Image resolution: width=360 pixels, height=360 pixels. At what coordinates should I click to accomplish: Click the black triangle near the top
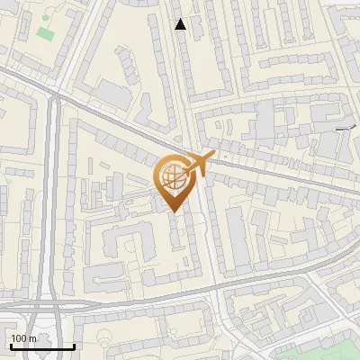[x=181, y=24]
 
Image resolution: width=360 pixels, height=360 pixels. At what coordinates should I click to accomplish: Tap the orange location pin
[x=174, y=184]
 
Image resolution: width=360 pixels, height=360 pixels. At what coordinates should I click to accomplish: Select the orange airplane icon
[x=197, y=165]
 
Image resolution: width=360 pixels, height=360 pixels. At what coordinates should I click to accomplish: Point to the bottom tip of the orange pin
[x=174, y=211]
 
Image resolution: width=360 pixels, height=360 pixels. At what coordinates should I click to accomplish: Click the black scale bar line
[x=42, y=346]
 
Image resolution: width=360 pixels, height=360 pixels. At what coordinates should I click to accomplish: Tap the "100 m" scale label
[x=22, y=338]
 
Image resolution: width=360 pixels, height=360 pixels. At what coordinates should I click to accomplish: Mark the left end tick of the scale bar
[x=11, y=345]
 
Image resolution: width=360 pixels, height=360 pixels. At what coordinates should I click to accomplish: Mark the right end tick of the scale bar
[x=74, y=345]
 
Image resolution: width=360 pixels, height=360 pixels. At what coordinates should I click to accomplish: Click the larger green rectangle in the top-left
[x=45, y=34]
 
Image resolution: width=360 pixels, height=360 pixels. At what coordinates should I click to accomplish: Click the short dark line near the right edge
[x=344, y=130]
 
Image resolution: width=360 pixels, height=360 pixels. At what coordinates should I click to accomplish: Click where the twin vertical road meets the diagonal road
[x=55, y=90]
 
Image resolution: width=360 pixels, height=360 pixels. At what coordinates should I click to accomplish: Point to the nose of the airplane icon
[x=214, y=156]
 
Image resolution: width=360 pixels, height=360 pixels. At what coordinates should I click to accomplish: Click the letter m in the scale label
[x=32, y=338]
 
